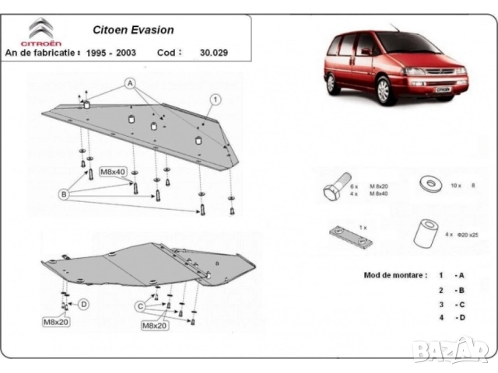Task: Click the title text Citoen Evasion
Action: tap(135, 30)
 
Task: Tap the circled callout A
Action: tap(129, 83)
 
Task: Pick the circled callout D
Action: tap(83, 304)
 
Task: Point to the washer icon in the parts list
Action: tap(428, 184)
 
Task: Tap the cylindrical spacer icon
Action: tap(425, 232)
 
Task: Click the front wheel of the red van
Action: tap(383, 92)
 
